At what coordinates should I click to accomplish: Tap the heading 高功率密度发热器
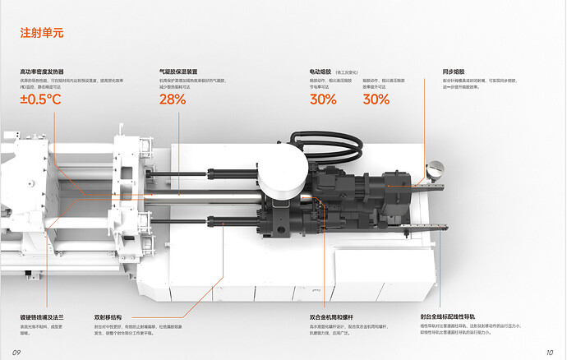pyautogui.click(x=42, y=72)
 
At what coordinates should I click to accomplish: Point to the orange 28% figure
pyautogui.click(x=173, y=99)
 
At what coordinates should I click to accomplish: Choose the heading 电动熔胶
pyautogui.click(x=320, y=72)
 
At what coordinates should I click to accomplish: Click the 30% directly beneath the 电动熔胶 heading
pyautogui.click(x=323, y=99)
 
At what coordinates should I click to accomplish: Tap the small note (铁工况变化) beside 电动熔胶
pyautogui.click(x=348, y=72)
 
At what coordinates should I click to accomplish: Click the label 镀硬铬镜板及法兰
pyautogui.click(x=41, y=316)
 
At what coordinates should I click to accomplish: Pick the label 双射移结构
pyautogui.click(x=108, y=316)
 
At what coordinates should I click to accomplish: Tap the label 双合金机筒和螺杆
pyautogui.click(x=330, y=316)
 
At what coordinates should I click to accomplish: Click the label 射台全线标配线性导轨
pyautogui.click(x=448, y=316)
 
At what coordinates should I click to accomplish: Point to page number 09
pyautogui.click(x=16, y=352)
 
